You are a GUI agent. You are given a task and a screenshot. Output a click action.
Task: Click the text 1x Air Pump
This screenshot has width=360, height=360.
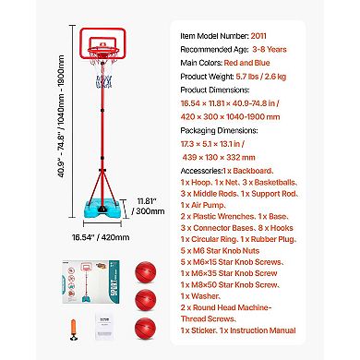pyautogui.click(x=204, y=210)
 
